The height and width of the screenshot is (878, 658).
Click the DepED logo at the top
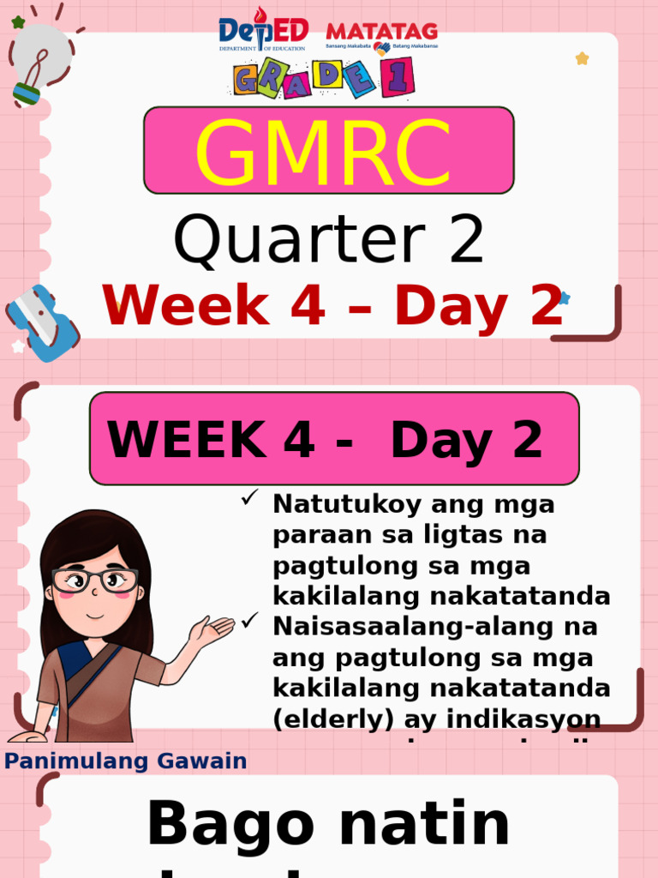[x=263, y=34]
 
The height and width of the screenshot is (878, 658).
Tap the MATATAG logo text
[x=382, y=33]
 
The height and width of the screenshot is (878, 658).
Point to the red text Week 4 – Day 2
[x=332, y=305]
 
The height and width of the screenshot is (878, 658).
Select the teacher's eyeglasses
[x=94, y=580]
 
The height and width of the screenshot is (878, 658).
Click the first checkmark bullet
[x=249, y=498]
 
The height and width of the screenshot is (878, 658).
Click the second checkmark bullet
[x=249, y=620]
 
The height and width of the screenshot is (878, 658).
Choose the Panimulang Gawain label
[x=126, y=761]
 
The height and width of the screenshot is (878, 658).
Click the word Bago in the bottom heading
[x=221, y=825]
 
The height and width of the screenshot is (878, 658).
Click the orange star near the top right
[x=582, y=58]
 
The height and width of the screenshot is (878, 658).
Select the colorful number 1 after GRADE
[x=399, y=76]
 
